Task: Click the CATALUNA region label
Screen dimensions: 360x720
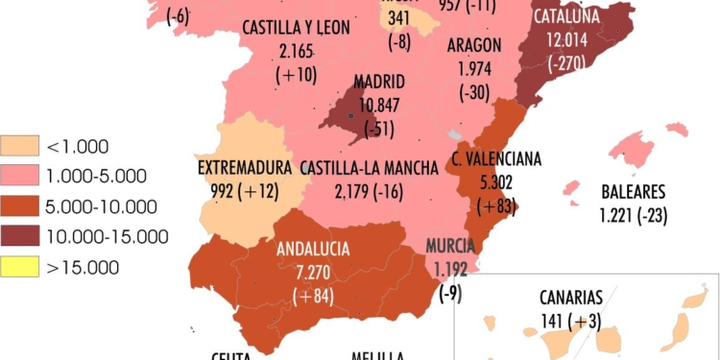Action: point(566,16)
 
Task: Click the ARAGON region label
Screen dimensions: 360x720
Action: point(475,45)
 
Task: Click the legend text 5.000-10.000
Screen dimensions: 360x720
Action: point(99,206)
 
